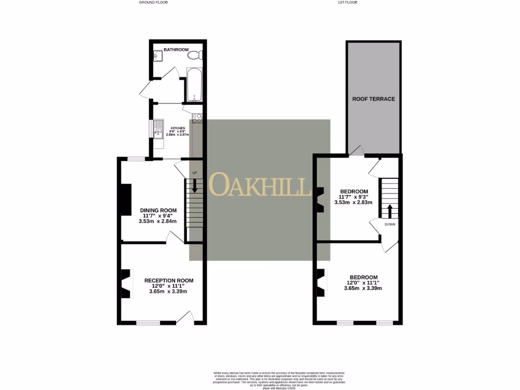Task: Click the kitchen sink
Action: tap(158, 129)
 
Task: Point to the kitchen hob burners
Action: tap(197, 119)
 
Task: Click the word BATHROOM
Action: tap(176, 50)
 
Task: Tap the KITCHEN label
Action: tap(178, 128)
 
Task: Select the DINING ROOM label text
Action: tap(158, 210)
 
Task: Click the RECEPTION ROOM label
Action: tap(169, 280)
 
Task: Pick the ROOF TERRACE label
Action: tap(373, 99)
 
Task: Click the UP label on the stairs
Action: tap(194, 173)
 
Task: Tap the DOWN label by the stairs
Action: tap(389, 224)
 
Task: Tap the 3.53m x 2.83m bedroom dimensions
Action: tap(353, 202)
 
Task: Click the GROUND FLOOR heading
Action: tap(153, 3)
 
